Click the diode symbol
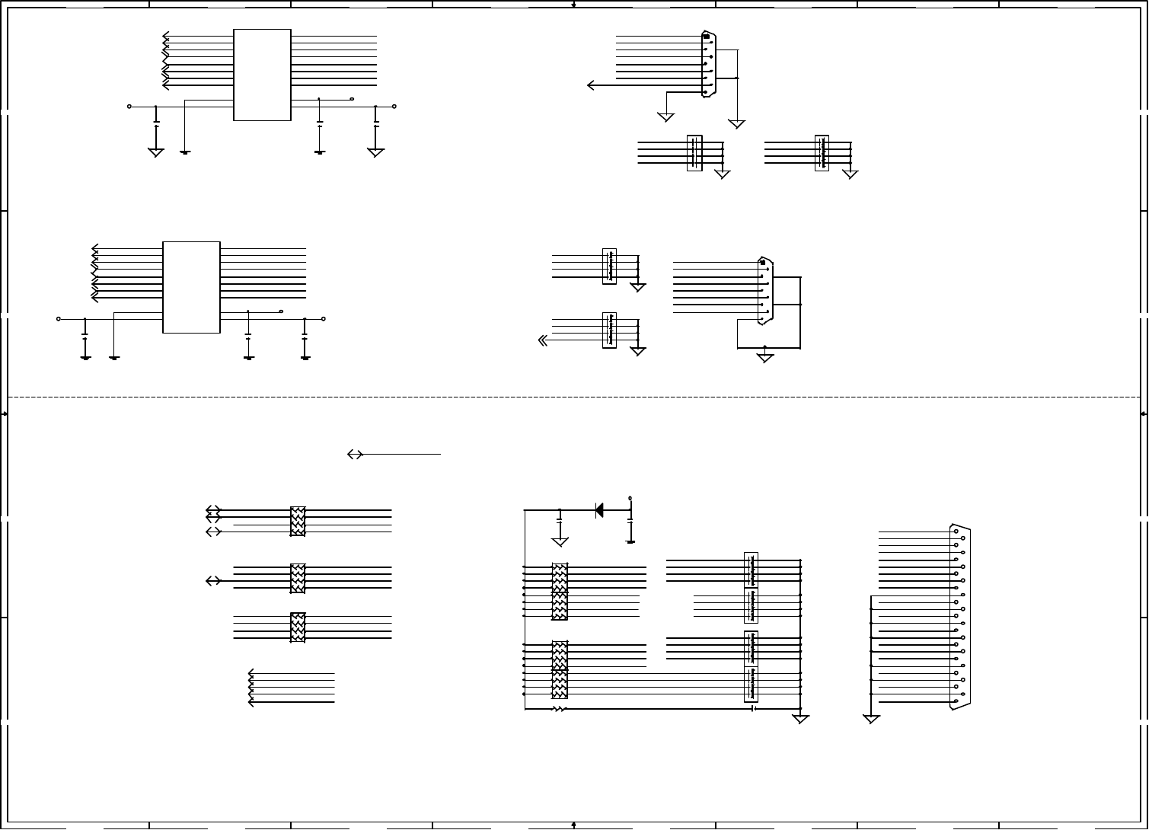[599, 510]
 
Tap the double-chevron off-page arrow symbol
[543, 340]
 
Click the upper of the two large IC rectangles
[262, 75]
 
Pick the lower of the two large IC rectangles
[191, 287]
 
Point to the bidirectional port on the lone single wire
[354, 454]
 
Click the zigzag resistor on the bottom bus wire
[560, 709]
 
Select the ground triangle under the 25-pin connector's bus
[871, 719]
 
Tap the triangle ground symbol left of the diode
[560, 541]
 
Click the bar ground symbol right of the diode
[630, 541]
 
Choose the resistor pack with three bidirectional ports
[298, 522]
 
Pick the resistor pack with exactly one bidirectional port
[298, 579]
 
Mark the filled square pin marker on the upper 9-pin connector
[706, 37]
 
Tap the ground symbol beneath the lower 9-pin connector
[765, 357]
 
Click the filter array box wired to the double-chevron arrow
[609, 330]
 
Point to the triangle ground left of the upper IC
[155, 152]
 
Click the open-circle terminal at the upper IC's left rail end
[129, 107]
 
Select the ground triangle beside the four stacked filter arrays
[800, 719]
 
